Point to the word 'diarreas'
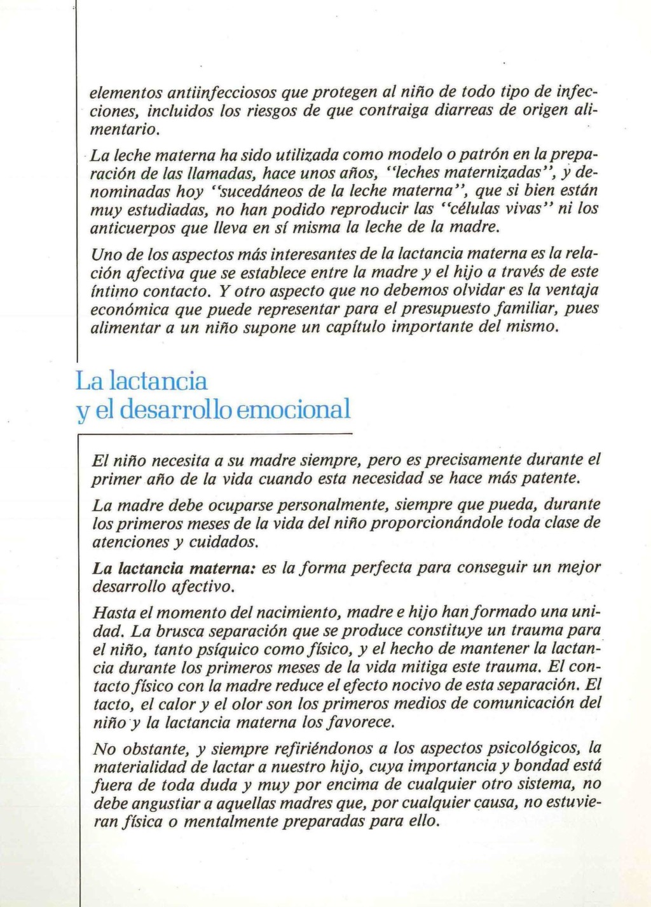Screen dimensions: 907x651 (462, 111)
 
